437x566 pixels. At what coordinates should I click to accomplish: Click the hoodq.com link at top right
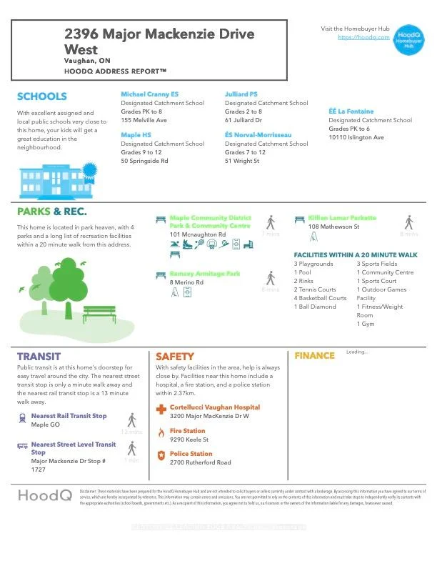(363, 36)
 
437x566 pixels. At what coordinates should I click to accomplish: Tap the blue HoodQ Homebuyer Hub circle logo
(409, 39)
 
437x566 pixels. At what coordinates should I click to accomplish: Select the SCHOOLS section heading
(41, 96)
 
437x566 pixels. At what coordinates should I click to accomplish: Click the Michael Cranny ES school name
(149, 94)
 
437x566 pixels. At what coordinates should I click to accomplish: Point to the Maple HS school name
(136, 134)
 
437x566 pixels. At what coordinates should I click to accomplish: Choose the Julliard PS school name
(241, 94)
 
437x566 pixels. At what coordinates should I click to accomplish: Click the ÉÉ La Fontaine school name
(351, 111)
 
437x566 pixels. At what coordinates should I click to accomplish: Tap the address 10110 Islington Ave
(356, 137)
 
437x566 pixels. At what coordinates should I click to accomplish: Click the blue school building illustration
(56, 182)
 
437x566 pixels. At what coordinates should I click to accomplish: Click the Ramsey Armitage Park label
(204, 274)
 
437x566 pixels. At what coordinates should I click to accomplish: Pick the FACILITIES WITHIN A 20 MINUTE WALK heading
(356, 255)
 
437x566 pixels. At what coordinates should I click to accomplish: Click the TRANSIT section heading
(39, 356)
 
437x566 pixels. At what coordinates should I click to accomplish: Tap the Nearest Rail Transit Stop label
(69, 416)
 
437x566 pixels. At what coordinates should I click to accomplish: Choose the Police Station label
(191, 454)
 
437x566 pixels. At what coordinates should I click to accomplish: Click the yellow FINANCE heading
(314, 355)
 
